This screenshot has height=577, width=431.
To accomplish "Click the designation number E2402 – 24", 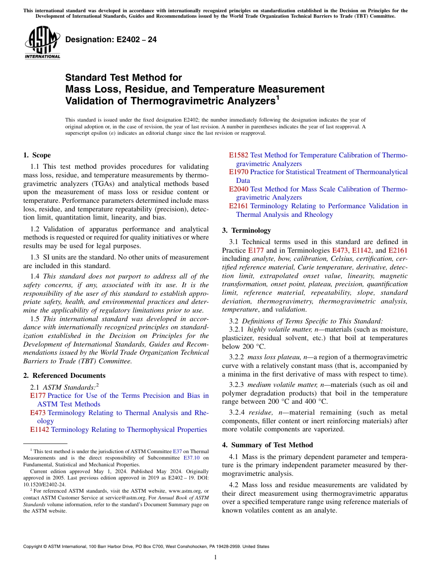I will pyautogui.click(x=111, y=40).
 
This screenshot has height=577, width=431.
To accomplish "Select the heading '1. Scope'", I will pyautogui.click(x=37, y=155).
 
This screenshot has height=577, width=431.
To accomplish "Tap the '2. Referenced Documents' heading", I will pyautogui.click(x=64, y=376).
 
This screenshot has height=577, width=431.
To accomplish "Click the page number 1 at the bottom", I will pyautogui.click(x=215, y=557).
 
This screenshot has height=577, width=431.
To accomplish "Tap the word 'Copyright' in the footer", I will pyautogui.click(x=34, y=547).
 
